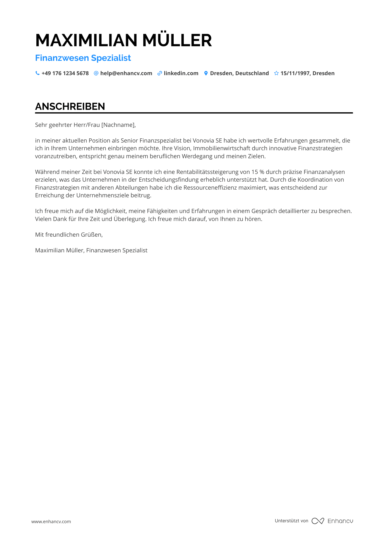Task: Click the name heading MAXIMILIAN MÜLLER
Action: coord(124,40)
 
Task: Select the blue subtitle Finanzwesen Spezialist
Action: coord(83,58)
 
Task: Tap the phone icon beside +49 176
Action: coord(37,73)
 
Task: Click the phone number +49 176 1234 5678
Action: coord(65,73)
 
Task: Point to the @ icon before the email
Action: coord(96,73)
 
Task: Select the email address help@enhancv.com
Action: coord(126,73)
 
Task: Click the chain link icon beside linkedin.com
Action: coord(160,73)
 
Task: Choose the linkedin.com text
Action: coord(181,73)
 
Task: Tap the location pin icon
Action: coord(206,73)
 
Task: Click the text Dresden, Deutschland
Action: coord(239,73)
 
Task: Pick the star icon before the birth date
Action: coord(276,73)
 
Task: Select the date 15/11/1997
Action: coord(295,73)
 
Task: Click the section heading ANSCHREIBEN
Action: coord(70,106)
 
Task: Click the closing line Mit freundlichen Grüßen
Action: coord(69,235)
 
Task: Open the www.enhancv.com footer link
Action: coord(51,521)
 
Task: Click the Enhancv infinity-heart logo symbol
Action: coord(318,521)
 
